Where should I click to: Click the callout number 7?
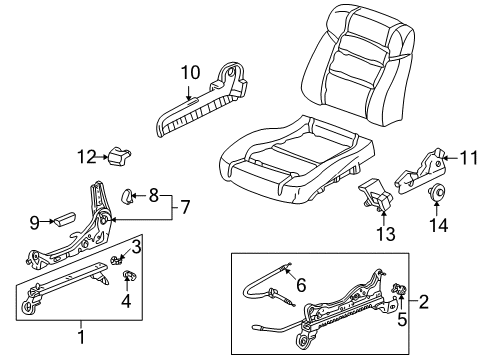point(187,208)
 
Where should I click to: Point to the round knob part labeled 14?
point(436,194)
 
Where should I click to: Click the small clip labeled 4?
point(127,275)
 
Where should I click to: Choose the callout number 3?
point(138,245)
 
